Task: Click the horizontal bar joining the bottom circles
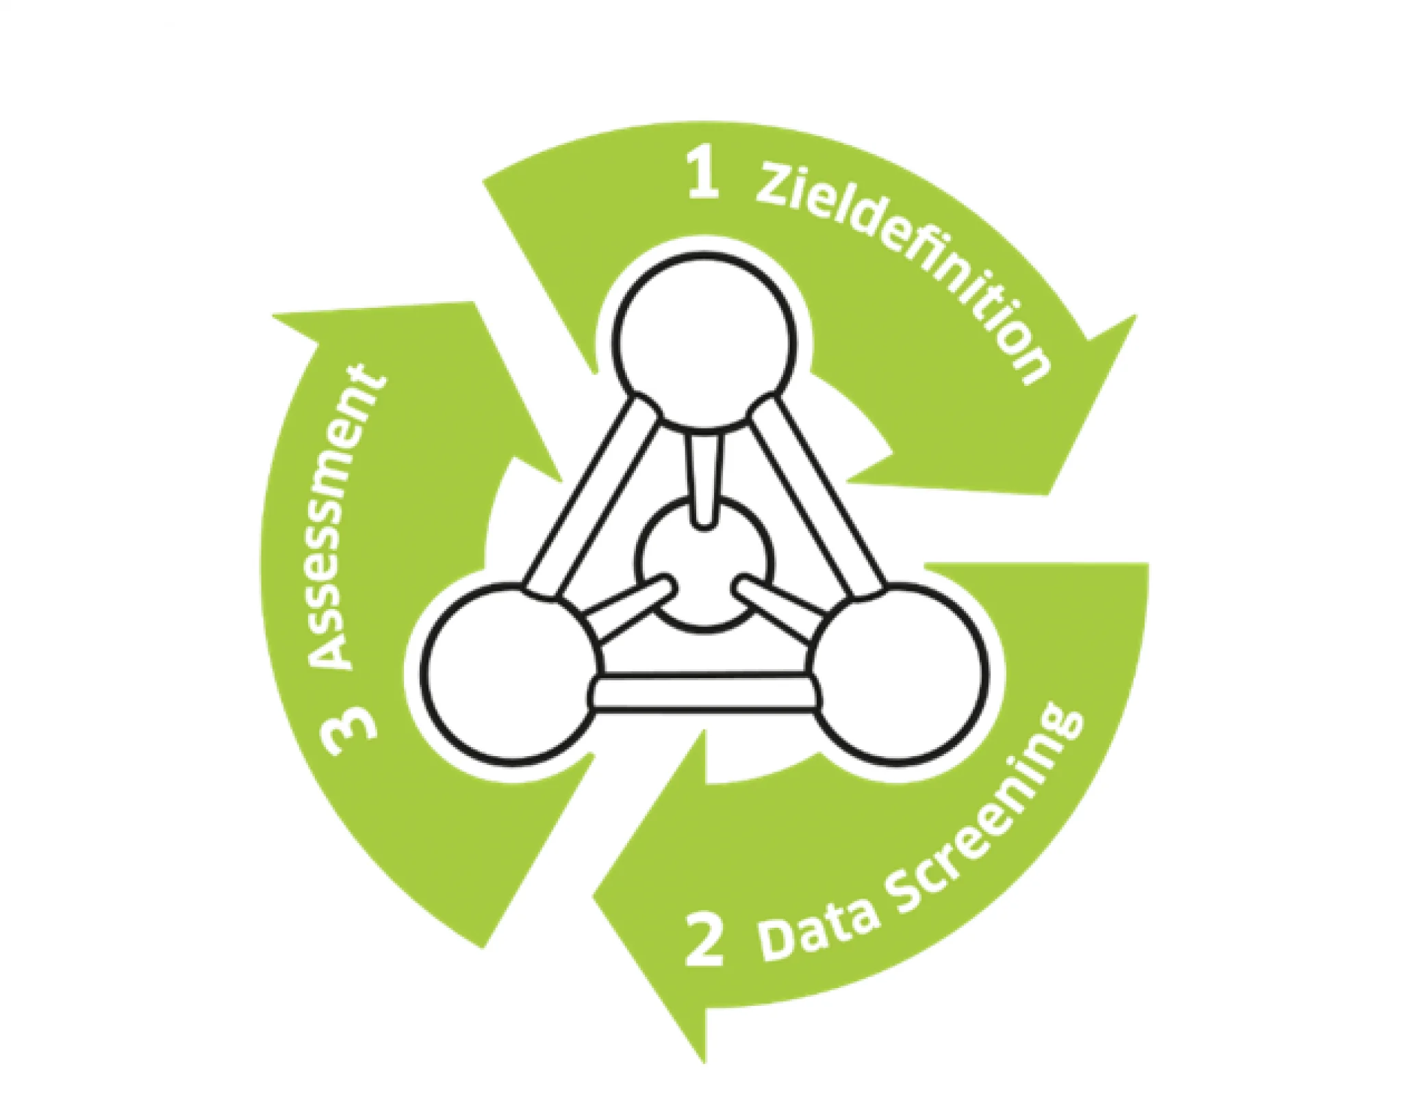click(705, 692)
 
